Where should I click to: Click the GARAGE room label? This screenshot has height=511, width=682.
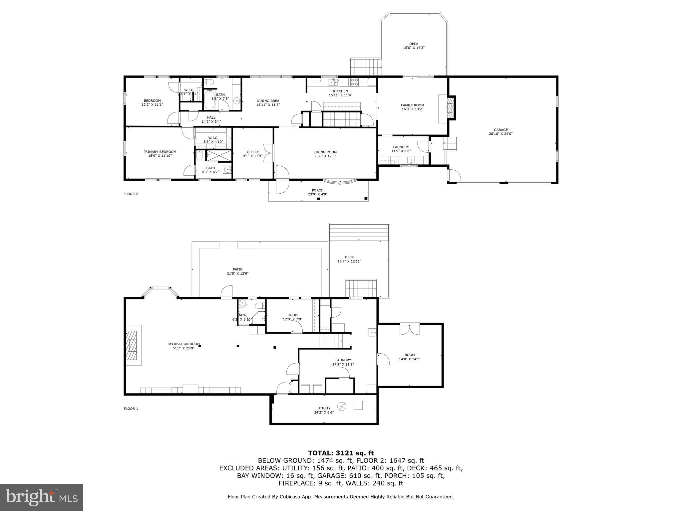501,130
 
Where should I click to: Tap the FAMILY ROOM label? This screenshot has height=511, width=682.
412,105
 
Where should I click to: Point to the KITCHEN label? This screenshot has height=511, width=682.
340,91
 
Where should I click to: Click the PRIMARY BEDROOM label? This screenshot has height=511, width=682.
160,152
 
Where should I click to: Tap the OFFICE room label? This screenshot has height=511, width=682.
253,152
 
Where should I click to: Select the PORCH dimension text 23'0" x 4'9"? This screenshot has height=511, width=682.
317,194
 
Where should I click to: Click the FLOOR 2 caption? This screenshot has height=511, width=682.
131,194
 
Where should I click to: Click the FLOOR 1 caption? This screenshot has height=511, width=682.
131,409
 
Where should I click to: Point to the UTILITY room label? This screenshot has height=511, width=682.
324,408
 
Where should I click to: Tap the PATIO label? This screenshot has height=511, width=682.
237,269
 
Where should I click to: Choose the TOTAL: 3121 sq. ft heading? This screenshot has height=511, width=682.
341,453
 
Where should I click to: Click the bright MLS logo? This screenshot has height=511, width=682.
42,497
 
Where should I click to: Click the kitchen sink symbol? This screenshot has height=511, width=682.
333,82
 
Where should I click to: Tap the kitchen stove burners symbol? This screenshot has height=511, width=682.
354,82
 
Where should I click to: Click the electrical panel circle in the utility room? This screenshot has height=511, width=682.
342,406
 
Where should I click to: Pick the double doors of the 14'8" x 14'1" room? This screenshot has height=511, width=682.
410,329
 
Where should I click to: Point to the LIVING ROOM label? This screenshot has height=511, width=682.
325,152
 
